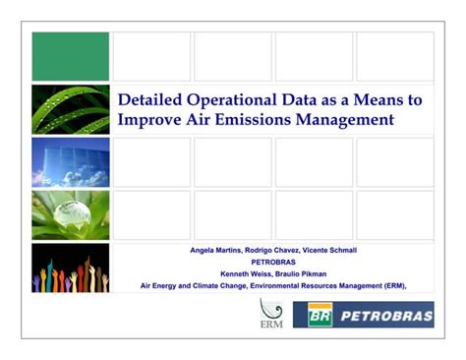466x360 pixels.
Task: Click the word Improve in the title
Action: [x=148, y=119]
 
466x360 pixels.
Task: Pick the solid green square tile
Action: [x=70, y=56]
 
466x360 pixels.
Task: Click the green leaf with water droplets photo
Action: [x=70, y=109]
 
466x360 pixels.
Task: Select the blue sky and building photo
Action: [x=70, y=162]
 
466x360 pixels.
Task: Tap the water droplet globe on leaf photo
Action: [x=70, y=215]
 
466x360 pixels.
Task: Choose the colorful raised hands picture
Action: [x=70, y=268]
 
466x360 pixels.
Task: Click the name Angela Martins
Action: [x=216, y=251]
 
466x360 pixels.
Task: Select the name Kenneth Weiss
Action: [x=245, y=273]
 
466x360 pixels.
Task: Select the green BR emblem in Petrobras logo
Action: [x=320, y=315]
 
